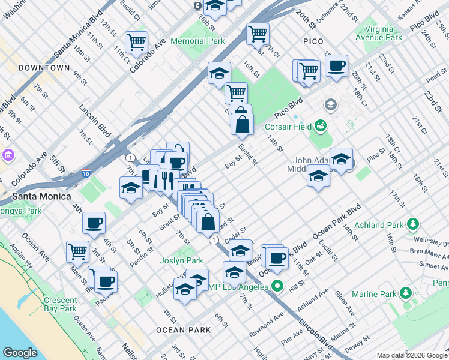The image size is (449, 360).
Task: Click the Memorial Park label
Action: [x=197, y=41]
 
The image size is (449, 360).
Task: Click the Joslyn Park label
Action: [x=181, y=261]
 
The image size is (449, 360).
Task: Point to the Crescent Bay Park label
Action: [x=60, y=304]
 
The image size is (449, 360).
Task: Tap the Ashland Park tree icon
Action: [x=412, y=224]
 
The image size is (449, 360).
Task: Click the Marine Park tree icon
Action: [x=406, y=293]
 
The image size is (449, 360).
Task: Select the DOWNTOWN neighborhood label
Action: [x=44, y=68]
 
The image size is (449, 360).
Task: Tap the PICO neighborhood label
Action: [x=313, y=41]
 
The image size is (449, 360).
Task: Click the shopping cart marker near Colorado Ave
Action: [x=137, y=43]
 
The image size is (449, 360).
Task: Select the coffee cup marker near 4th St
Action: [x=94, y=223]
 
